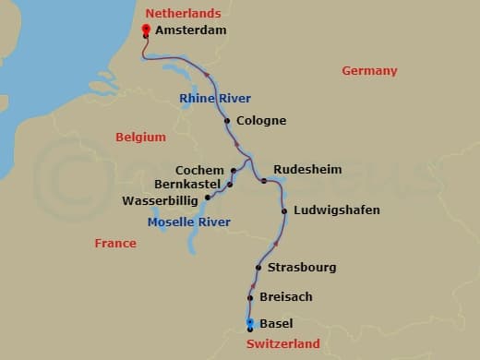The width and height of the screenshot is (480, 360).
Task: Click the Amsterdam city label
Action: pyautogui.click(x=191, y=30)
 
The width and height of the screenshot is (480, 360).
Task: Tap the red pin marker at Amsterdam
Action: pyautogui.click(x=146, y=30)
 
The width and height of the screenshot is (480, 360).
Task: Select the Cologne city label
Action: pyautogui.click(x=261, y=120)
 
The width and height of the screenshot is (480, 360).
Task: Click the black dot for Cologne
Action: pyautogui.click(x=227, y=120)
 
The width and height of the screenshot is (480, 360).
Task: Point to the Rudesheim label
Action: pyautogui.click(x=307, y=170)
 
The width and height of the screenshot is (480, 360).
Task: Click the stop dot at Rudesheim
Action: pyautogui.click(x=264, y=181)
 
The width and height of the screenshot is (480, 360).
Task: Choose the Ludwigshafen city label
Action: pyautogui.click(x=336, y=210)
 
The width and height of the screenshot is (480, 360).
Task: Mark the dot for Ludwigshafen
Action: pyautogui.click(x=284, y=211)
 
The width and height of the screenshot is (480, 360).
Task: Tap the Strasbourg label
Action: pyautogui.click(x=301, y=268)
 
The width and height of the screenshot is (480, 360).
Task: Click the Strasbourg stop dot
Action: pyautogui.click(x=258, y=268)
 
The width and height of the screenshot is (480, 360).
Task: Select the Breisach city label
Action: pyautogui.click(x=286, y=296)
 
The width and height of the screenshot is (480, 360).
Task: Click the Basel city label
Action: pyautogui.click(x=277, y=324)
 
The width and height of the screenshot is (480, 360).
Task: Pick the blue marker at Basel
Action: pyautogui.click(x=250, y=323)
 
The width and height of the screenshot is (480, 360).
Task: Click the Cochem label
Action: pyautogui.click(x=200, y=170)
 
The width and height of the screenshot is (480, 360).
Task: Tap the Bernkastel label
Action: pyautogui.click(x=189, y=185)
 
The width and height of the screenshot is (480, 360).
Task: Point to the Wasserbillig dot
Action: pyautogui.click(x=208, y=197)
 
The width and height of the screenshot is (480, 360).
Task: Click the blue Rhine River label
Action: pyautogui.click(x=216, y=99)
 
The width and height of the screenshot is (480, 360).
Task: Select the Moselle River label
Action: pyautogui.click(x=189, y=222)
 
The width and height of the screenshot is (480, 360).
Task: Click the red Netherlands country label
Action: pyautogui.click(x=184, y=13)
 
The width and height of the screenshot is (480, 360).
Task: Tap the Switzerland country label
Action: pyautogui.click(x=283, y=343)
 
